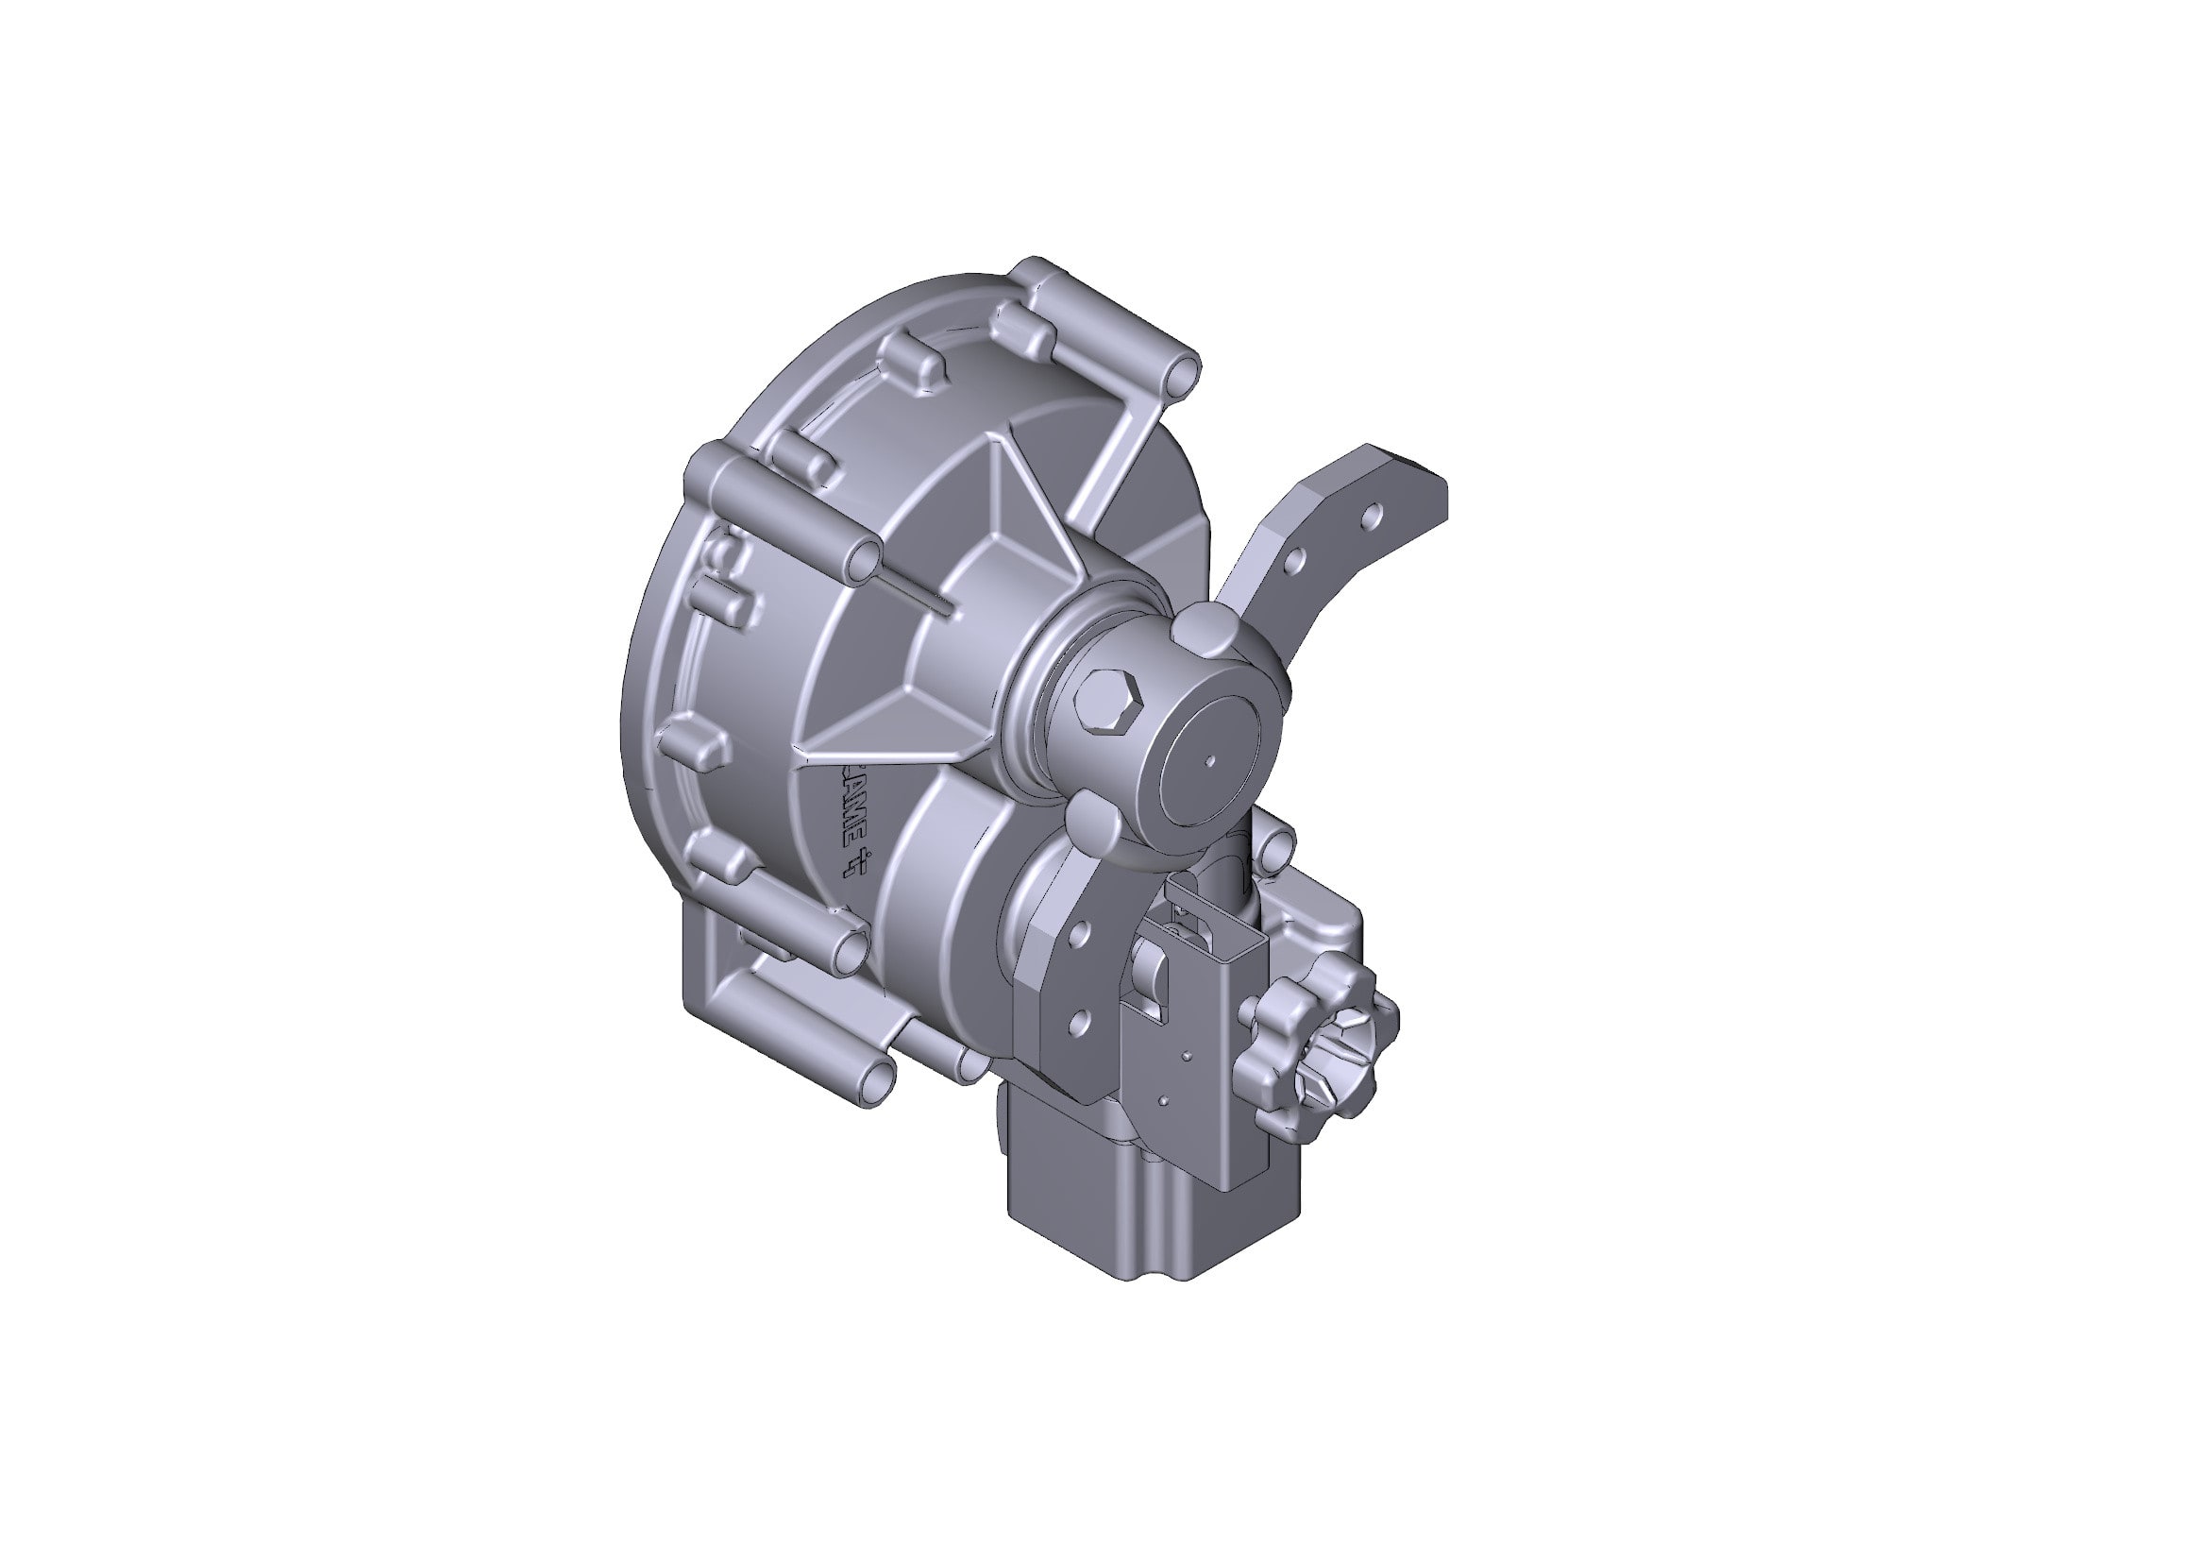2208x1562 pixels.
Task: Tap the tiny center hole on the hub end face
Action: (1211, 762)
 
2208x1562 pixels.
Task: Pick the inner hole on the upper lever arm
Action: (1294, 558)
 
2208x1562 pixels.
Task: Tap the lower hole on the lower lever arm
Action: (1078, 1021)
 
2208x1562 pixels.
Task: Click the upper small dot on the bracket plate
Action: (1188, 1055)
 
